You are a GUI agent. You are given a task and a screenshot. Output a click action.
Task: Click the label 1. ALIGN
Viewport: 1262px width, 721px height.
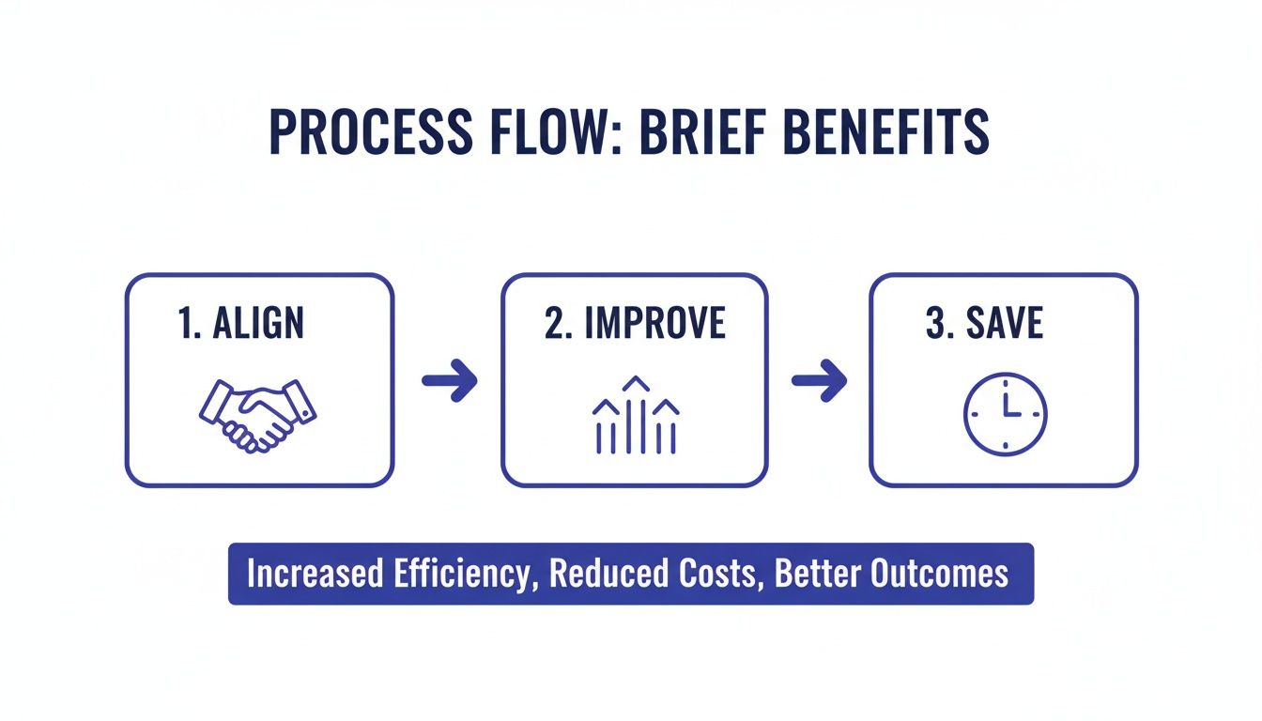click(240, 324)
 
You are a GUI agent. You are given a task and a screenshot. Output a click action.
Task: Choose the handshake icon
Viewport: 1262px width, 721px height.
click(257, 413)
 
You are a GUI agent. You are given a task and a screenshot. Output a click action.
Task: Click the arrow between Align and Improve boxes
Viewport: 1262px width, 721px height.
click(449, 380)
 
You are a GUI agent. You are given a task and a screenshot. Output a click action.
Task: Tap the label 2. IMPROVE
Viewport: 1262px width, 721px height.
click(635, 324)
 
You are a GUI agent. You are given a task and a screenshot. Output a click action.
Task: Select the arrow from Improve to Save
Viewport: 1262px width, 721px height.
click(819, 380)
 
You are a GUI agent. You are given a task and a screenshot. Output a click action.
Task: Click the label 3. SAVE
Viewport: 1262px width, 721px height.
click(984, 324)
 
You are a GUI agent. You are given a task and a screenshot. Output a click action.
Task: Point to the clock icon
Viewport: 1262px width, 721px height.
click(1005, 414)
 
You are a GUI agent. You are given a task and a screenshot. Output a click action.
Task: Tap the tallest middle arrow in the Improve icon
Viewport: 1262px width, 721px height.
click(636, 413)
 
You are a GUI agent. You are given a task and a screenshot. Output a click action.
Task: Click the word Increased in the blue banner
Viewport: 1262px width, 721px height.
click(303, 574)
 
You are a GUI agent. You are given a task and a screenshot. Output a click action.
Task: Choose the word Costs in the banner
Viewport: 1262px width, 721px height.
click(716, 574)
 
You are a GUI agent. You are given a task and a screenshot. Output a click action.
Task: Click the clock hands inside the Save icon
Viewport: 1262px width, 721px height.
click(1008, 407)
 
